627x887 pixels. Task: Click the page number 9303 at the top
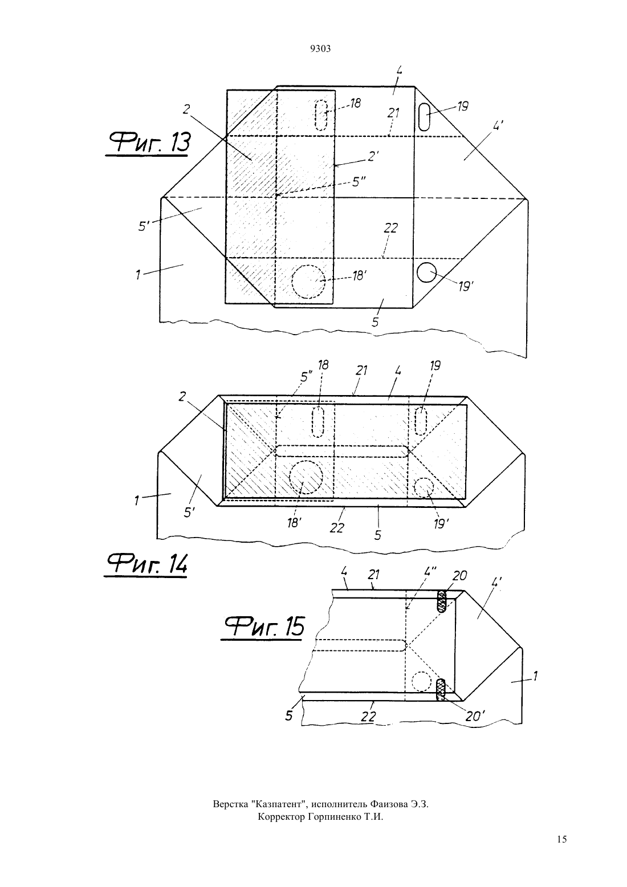click(320, 48)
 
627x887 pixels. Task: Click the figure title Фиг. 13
click(147, 143)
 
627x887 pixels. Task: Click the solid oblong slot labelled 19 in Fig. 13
click(424, 117)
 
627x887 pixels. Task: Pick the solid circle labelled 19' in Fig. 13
click(427, 273)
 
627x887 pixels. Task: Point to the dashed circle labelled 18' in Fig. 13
click(308, 282)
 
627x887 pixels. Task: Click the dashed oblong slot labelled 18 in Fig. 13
click(321, 115)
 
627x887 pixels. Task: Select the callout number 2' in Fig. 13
click(372, 156)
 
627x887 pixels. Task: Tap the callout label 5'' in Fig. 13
click(360, 182)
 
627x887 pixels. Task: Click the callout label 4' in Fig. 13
click(498, 127)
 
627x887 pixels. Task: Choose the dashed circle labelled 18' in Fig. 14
click(306, 477)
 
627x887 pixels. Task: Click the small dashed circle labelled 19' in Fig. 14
click(424, 487)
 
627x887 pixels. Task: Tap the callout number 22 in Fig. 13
click(390, 228)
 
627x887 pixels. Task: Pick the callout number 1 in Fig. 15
click(535, 676)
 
